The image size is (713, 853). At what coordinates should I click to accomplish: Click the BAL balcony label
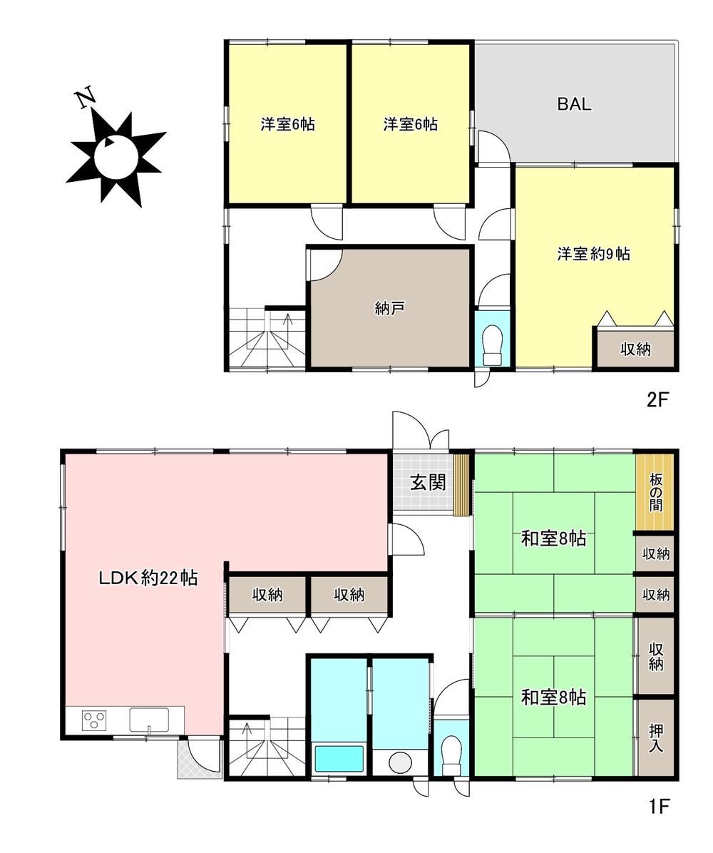[574, 104]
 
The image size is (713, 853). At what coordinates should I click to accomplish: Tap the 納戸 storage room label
[389, 308]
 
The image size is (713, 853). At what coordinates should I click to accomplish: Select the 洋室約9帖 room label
[593, 253]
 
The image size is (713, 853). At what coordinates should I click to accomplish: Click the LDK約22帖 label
[148, 578]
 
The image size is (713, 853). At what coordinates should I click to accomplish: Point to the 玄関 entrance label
[428, 482]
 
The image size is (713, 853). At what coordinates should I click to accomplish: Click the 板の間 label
[655, 492]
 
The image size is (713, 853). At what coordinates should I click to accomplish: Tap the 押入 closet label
[655, 737]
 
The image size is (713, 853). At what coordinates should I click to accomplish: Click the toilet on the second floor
[493, 345]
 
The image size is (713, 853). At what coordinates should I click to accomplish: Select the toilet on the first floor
[451, 755]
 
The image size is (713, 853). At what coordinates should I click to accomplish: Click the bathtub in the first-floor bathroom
[339, 758]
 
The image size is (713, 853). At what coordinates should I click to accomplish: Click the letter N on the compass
[86, 98]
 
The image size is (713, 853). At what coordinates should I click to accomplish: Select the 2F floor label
[657, 400]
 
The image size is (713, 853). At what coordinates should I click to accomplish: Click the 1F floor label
[657, 806]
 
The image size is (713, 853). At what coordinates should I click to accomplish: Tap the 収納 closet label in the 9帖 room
[635, 349]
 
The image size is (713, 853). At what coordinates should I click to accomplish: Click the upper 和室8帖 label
[554, 538]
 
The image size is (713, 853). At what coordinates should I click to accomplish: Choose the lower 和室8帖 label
[554, 697]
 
